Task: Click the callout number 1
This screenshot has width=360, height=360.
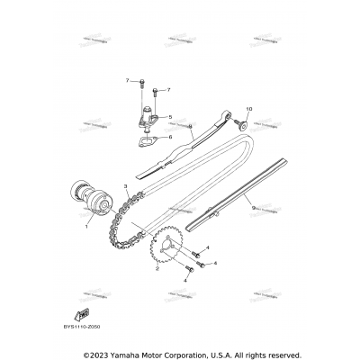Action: [x=87, y=227]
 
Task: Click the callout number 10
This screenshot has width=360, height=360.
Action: [x=250, y=109]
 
